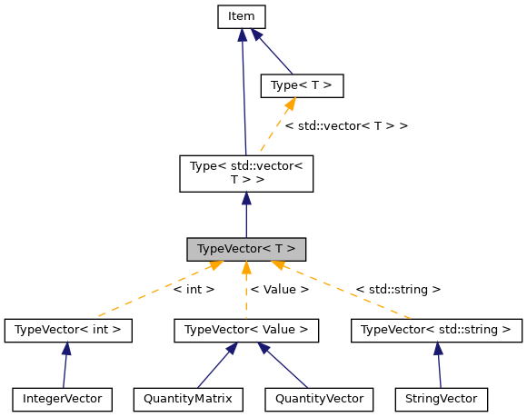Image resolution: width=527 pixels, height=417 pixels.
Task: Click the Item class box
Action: (241, 16)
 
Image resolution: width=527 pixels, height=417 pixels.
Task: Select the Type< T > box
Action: (302, 86)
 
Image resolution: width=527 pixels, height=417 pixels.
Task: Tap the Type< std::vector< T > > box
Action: (245, 173)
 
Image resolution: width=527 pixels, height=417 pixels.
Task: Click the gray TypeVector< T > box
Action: (245, 248)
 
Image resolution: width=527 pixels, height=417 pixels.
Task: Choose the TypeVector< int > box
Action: (68, 330)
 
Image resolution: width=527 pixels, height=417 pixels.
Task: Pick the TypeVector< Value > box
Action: (245, 330)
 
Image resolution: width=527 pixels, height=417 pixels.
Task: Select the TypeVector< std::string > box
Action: (435, 330)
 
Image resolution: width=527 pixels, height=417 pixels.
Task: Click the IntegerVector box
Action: (63, 398)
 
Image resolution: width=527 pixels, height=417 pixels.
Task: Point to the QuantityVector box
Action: (318, 398)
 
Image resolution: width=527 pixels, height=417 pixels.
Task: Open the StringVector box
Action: (442, 398)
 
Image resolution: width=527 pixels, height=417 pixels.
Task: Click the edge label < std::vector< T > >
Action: (345, 125)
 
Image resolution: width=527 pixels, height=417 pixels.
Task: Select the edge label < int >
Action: (193, 290)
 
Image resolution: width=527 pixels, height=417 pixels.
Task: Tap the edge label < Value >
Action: (279, 290)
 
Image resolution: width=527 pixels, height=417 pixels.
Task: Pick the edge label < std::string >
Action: (397, 290)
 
